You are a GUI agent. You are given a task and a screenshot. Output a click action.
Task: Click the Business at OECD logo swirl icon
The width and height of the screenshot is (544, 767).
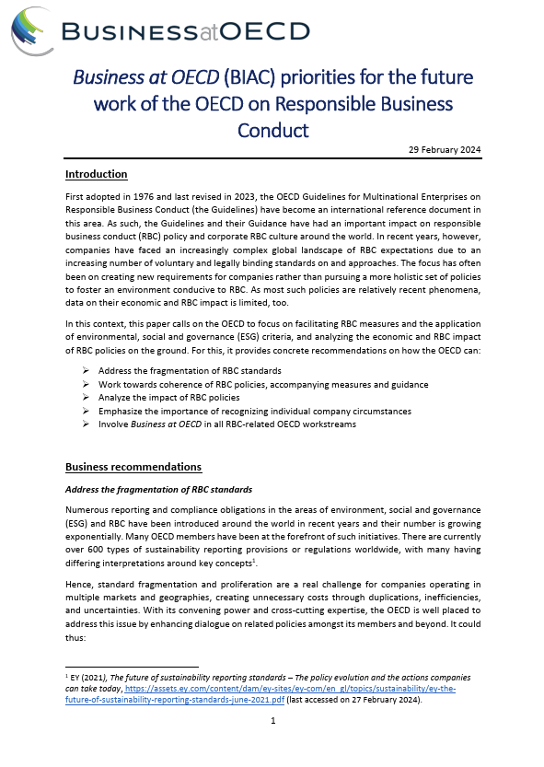point(31,29)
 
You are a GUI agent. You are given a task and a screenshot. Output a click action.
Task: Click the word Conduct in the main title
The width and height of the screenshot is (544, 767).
point(272,129)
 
